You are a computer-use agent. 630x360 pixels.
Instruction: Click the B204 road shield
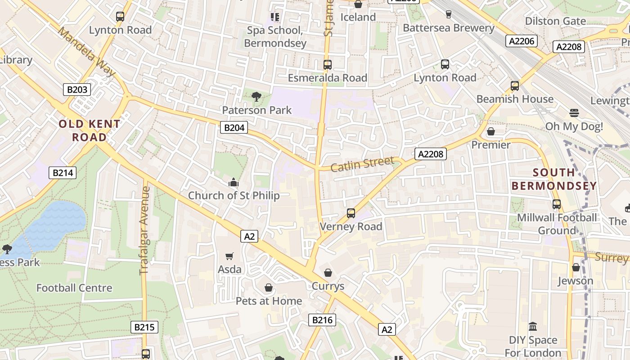[x=234, y=128]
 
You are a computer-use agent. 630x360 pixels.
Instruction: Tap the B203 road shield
[x=77, y=90]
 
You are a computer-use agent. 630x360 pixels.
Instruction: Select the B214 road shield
[x=63, y=172]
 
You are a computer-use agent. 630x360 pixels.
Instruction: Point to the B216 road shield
[x=322, y=320]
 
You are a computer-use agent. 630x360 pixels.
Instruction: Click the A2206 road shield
[x=522, y=41]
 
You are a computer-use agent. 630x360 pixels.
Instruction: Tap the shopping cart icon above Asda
[x=229, y=256]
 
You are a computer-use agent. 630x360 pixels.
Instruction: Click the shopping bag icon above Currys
[x=328, y=273]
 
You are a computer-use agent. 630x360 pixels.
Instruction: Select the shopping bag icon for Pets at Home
[x=269, y=287]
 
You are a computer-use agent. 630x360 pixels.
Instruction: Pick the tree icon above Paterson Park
[x=256, y=96]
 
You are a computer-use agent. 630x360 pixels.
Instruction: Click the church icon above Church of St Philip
[x=234, y=182]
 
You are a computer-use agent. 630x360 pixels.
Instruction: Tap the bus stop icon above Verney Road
[x=351, y=213]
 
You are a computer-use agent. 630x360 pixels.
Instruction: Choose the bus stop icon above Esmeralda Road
[x=328, y=64]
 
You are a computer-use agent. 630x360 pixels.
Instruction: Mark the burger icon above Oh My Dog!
[x=574, y=112]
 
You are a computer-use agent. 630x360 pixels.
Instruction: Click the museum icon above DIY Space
[x=533, y=326]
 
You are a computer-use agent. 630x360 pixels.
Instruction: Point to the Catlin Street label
[x=362, y=164]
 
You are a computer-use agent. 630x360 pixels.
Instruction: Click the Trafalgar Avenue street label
[x=144, y=230]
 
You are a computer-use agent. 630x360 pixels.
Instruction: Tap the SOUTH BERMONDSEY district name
[x=554, y=179]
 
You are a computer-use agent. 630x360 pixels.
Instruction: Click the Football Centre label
[x=74, y=288]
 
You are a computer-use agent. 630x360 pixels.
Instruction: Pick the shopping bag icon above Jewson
[x=576, y=267]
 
